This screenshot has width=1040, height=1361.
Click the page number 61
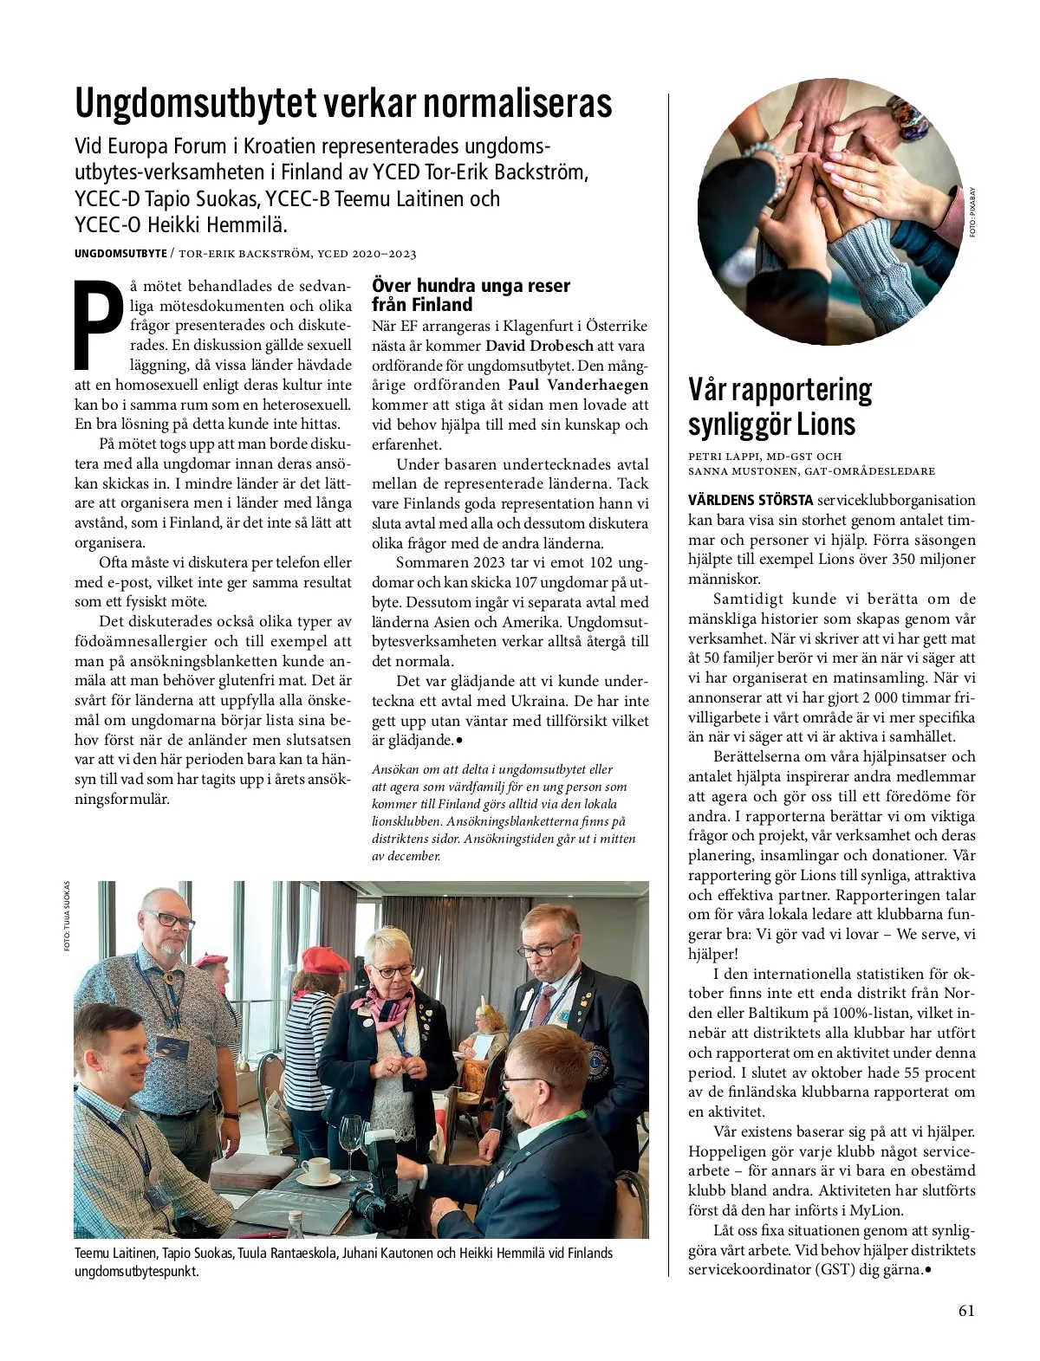pyautogui.click(x=967, y=1311)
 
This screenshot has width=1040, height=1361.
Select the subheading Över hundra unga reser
pyautogui.click(x=471, y=285)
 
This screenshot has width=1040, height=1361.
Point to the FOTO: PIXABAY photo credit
pyautogui.click(x=973, y=212)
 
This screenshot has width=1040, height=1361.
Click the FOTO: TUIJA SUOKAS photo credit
pyautogui.click(x=66, y=918)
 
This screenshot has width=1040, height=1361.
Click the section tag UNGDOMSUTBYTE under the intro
pyautogui.click(x=120, y=254)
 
